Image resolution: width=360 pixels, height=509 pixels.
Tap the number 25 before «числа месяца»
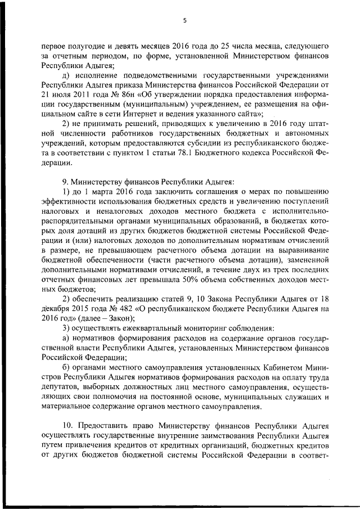coord(219,45)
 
